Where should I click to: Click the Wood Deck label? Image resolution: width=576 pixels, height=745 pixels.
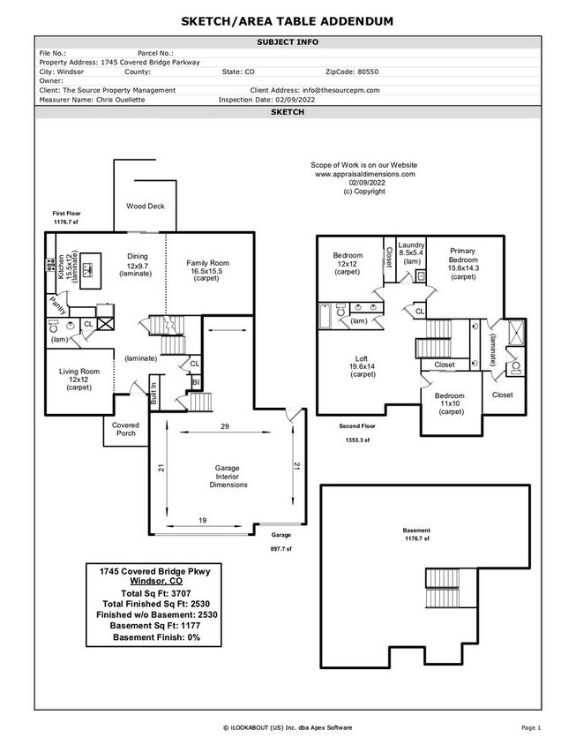pos(145,207)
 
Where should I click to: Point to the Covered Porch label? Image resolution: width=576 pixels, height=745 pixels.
pos(125,429)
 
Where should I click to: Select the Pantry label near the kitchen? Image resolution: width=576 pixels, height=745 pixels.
pos(57,305)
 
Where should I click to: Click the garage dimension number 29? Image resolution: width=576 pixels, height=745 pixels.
pos(225,427)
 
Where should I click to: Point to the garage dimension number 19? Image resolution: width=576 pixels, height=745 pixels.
pos(202,522)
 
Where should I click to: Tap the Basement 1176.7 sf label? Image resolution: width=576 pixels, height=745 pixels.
pos(416,534)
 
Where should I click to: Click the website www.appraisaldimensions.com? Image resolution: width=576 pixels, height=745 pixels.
pos(364,175)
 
